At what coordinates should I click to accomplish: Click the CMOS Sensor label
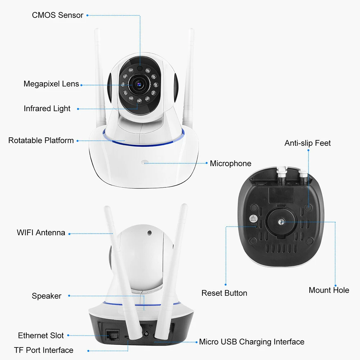coord(58,15)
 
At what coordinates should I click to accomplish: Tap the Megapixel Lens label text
coord(51,84)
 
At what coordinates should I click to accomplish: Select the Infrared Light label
coord(47,109)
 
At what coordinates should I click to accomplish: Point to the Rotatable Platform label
coord(41,140)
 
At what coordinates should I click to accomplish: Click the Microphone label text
coord(231,164)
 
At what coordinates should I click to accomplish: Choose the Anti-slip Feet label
coord(307,143)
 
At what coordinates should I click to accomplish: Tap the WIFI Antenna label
coord(41,232)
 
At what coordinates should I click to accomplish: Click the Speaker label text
coord(46,296)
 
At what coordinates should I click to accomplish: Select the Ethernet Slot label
coord(41,336)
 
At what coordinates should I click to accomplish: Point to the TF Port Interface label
coord(44,350)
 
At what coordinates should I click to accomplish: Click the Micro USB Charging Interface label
coord(252,342)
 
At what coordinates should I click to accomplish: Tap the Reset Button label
coord(224,293)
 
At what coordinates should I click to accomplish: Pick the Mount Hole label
coord(329,290)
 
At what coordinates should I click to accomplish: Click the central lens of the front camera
coord(138,84)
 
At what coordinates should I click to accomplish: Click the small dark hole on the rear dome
coord(149,232)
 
